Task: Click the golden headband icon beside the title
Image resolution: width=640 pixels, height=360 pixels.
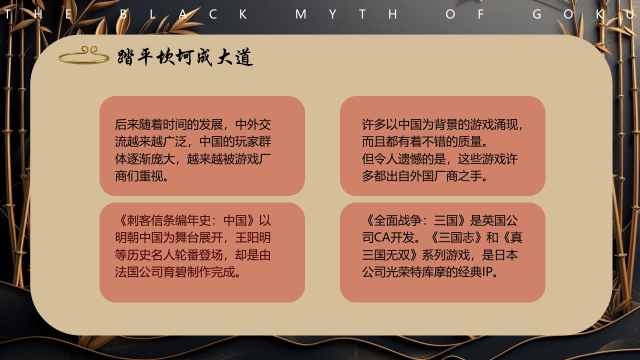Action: pyautogui.click(x=83, y=56)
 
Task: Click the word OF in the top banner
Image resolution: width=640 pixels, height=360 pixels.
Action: pyautogui.click(x=465, y=14)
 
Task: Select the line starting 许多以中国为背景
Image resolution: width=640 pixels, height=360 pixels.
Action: pyautogui.click(x=442, y=124)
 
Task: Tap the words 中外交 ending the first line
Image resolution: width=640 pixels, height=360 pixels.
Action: pyautogui.click(x=252, y=124)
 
